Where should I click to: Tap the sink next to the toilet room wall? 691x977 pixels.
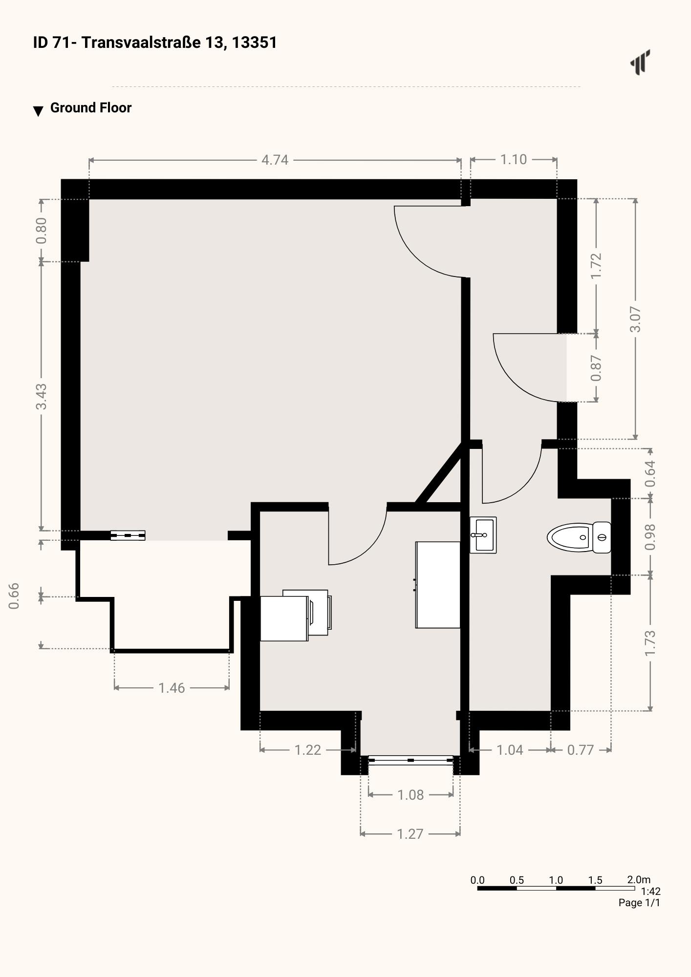tap(483, 535)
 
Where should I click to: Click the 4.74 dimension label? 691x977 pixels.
tap(275, 160)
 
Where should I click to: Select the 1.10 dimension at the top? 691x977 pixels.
tap(513, 159)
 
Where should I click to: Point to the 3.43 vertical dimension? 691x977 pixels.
tap(42, 396)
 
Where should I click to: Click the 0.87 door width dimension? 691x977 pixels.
tap(596, 368)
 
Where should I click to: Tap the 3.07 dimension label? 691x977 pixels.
tap(635, 319)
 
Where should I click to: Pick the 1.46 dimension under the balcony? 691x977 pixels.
tap(172, 688)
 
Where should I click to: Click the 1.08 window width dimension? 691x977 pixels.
tap(410, 795)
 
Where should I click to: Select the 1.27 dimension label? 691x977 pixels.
tap(410, 834)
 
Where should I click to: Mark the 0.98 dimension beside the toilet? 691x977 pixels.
tap(650, 537)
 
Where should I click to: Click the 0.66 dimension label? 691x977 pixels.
tap(14, 596)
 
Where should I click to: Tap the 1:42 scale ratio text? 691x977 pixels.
tap(650, 891)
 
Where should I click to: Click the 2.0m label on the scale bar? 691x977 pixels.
tap(639, 879)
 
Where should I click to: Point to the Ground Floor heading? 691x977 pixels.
tap(91, 108)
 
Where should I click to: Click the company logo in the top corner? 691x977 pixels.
tap(640, 62)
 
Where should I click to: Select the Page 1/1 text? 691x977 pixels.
tap(639, 902)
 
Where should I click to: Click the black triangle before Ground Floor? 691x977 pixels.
tap(38, 111)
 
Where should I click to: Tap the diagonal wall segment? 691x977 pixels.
tap(438, 473)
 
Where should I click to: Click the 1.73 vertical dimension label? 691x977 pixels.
tap(650, 643)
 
